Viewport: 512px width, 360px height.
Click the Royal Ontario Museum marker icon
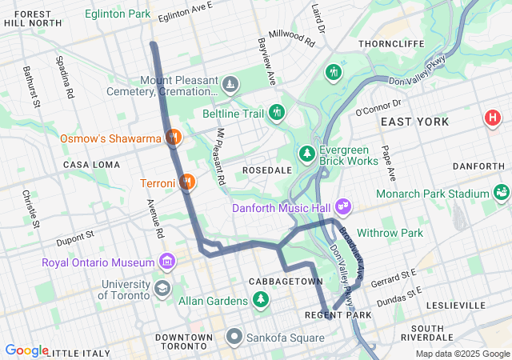(x=166, y=262)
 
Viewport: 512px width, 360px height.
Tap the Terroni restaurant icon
(x=186, y=182)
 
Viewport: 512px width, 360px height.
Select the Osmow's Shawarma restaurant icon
(x=172, y=138)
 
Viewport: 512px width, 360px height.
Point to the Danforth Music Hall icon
(x=343, y=207)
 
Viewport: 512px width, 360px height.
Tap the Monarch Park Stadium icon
(x=502, y=193)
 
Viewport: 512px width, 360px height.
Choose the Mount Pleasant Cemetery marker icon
(x=230, y=85)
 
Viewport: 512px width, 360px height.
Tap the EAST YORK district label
(x=414, y=122)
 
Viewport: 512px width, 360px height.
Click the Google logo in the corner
(x=26, y=350)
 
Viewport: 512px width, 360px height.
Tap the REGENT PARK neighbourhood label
(x=338, y=315)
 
